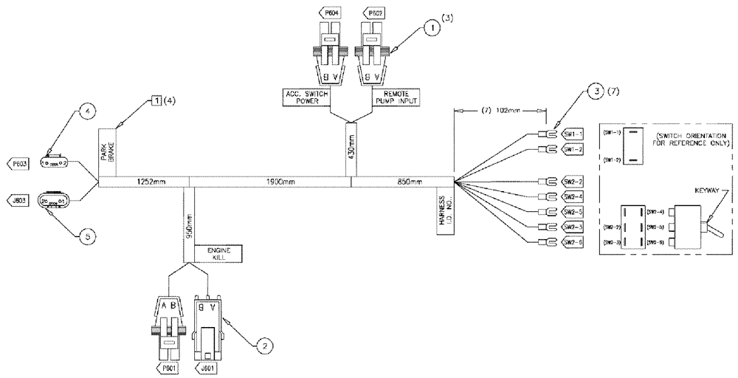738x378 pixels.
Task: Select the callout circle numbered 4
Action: pyautogui.click(x=86, y=113)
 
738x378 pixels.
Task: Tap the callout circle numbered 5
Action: pyautogui.click(x=86, y=236)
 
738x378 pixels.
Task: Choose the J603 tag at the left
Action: pyautogui.click(x=17, y=199)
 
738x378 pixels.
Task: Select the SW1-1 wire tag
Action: pyautogui.click(x=573, y=134)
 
